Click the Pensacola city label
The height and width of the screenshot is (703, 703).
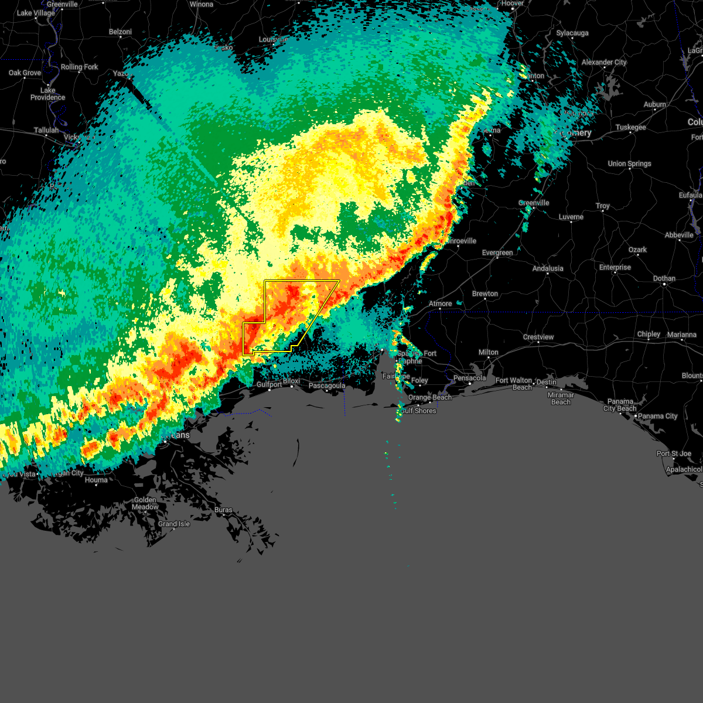click(470, 378)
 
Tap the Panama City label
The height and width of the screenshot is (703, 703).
click(658, 416)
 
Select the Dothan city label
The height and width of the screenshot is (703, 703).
click(664, 278)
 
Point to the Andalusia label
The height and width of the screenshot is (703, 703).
click(548, 268)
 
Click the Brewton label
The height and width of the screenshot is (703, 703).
click(485, 294)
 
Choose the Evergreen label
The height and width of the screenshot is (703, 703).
click(497, 252)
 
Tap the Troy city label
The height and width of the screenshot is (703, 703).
click(603, 206)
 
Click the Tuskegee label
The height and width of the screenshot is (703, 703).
click(630, 127)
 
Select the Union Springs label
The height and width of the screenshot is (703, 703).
click(629, 163)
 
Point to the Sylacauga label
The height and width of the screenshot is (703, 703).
click(572, 33)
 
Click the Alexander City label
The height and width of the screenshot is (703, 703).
click(604, 62)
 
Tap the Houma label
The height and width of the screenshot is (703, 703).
click(96, 480)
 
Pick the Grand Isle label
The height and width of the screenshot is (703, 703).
click(174, 524)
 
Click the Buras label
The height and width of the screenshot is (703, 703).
click(223, 510)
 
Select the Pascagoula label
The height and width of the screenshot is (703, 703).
click(326, 385)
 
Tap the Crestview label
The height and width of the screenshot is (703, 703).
click(538, 337)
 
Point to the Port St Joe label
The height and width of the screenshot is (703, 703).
click(674, 453)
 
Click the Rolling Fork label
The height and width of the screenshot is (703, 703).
click(80, 67)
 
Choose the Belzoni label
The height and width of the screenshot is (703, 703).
click(121, 32)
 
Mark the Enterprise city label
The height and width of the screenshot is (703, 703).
click(615, 267)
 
